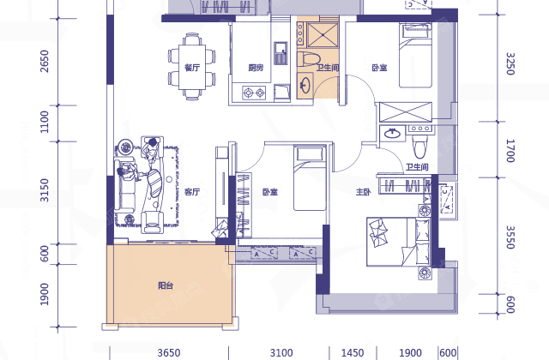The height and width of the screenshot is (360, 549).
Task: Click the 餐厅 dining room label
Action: (192, 67)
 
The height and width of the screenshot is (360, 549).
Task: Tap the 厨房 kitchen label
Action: (256, 68)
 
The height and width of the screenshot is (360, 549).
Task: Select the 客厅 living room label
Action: (192, 192)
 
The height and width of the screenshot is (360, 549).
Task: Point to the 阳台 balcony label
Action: (166, 285)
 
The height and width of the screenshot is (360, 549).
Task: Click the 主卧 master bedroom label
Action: (363, 192)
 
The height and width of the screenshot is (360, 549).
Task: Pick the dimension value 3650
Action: (169, 352)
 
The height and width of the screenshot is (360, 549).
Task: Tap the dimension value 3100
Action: (281, 352)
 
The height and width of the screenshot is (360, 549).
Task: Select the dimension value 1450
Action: (353, 352)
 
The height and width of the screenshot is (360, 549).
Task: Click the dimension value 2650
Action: (45, 61)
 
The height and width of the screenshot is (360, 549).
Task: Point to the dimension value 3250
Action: (510, 63)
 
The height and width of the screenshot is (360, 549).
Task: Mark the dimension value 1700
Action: (510, 151)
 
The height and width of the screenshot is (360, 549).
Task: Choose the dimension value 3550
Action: (510, 237)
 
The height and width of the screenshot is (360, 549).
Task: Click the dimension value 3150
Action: (45, 190)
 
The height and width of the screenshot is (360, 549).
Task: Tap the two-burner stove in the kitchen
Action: (254, 93)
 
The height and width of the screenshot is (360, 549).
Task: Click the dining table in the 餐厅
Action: (192, 67)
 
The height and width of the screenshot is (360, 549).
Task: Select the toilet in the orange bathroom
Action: (308, 59)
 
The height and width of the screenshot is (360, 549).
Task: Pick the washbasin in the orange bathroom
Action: (305, 85)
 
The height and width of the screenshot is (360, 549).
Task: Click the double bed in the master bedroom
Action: (398, 242)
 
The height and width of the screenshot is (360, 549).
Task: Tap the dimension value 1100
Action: (45, 122)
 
